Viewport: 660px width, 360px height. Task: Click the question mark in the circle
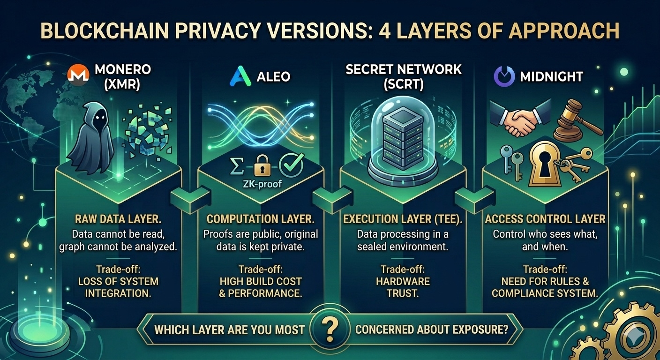pos(330,328)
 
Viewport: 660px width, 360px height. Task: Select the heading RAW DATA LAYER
pos(118,219)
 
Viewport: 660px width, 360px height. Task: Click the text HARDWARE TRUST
pos(403,287)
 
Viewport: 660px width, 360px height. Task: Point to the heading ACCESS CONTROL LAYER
pos(545,219)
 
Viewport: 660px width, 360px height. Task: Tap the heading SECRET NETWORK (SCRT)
pos(403,77)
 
